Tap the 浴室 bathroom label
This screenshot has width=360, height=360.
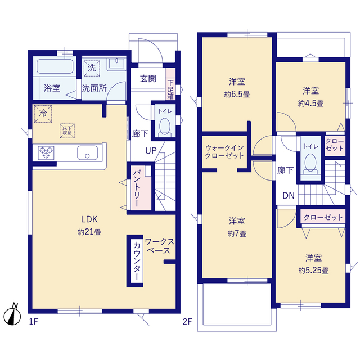[x=52, y=88]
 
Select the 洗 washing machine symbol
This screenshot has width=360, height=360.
[x=91, y=68]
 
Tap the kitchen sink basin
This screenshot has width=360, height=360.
[x=87, y=152]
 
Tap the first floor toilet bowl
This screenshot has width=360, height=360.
[x=164, y=128]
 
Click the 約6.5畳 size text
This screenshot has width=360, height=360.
[x=236, y=94]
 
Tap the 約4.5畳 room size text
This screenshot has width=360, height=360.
[x=311, y=103]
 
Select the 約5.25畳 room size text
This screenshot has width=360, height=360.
[x=313, y=270]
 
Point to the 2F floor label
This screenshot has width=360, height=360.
[x=187, y=322]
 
